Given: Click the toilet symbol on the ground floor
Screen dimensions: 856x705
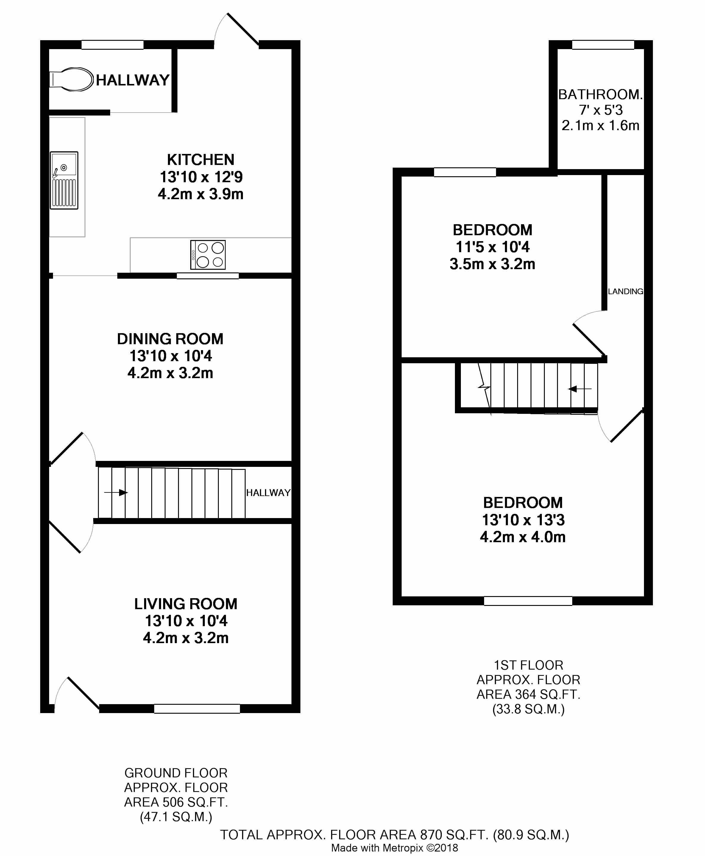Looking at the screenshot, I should point(72,79).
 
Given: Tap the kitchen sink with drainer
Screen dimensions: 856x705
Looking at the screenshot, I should point(64,180).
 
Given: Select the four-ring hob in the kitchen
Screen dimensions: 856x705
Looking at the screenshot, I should point(208,255).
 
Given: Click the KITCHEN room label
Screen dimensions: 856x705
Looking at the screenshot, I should point(201,160).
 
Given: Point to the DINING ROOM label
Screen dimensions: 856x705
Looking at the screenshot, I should point(170,339).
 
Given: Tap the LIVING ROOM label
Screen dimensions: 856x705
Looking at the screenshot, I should point(185,604).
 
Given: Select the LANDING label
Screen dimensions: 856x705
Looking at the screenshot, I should point(626,291).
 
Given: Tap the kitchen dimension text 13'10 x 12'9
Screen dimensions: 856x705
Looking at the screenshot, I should point(201,177).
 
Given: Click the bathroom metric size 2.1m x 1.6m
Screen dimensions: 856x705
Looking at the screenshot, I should point(600,125).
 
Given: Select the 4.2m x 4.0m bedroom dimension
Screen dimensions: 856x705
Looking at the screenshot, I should point(523,537).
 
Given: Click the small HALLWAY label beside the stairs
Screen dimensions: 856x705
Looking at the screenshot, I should point(268,492).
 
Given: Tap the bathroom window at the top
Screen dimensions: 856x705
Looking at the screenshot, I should point(603,45).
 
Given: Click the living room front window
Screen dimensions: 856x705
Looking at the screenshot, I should point(197,709).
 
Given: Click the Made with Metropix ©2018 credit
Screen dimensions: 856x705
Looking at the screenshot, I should point(394,848).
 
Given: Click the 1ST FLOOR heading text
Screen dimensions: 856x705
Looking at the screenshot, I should point(528,665).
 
